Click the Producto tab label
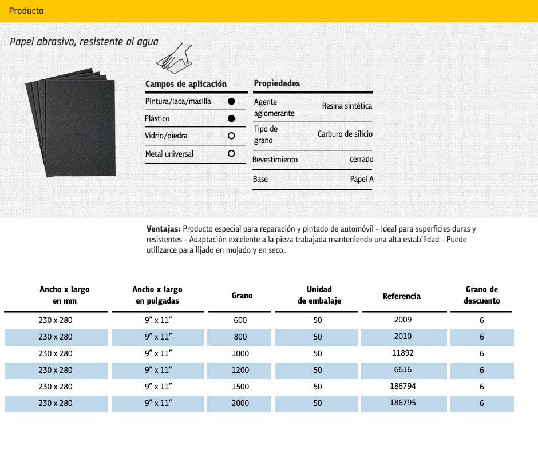(26, 11)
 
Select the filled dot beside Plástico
(231, 118)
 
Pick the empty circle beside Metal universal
(231, 154)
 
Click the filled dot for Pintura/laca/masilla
(231, 101)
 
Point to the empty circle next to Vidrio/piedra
(231, 136)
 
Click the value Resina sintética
(347, 106)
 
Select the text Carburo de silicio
(345, 134)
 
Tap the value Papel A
(362, 180)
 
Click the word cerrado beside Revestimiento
(361, 160)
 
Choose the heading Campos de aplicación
(186, 84)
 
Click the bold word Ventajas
(164, 229)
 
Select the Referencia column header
(401, 296)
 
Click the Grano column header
(242, 296)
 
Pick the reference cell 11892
(403, 353)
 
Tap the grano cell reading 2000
(240, 403)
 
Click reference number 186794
(403, 387)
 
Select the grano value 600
(240, 321)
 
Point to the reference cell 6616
(403, 370)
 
